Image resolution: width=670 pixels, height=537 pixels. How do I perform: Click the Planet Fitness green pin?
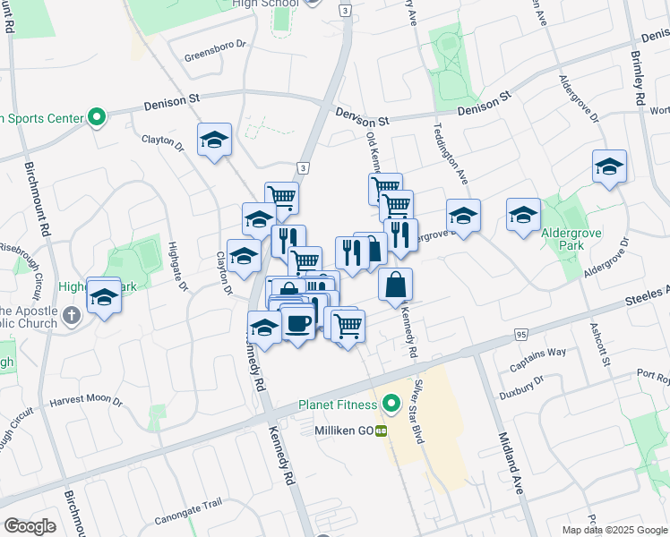point(391,405)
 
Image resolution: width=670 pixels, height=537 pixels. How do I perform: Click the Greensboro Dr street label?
point(215,55)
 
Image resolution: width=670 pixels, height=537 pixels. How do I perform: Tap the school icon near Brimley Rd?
point(609,166)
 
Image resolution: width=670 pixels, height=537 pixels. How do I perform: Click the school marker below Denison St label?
point(215,140)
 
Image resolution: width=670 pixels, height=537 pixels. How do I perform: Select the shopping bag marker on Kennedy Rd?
point(395,285)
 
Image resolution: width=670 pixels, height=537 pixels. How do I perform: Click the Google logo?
point(30,526)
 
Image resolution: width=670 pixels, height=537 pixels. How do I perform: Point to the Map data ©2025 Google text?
point(614,530)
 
